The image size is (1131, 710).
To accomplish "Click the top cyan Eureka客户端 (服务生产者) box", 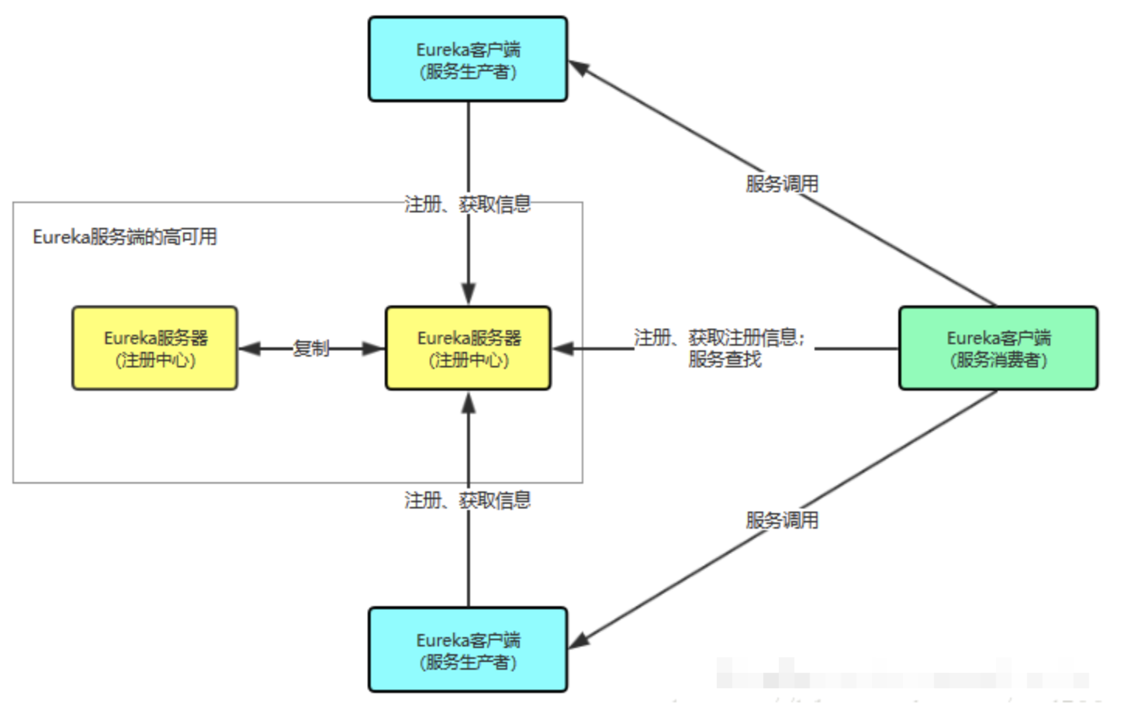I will pos(468,60).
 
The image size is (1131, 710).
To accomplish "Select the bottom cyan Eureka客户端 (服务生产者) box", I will pos(468,650).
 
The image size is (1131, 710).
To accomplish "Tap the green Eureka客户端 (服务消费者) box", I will pos(998,348).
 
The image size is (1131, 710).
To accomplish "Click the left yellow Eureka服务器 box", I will pos(155,348).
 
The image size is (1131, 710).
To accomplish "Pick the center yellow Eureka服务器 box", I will pos(468,348).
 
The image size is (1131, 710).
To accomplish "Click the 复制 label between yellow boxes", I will pos(311,348).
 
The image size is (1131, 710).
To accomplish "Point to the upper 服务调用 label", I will pos(782,184).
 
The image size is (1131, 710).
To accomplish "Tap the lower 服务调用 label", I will pos(782,520).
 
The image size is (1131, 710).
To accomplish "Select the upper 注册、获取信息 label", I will pos(468,204).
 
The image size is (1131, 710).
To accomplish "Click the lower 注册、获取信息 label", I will pos(468,500).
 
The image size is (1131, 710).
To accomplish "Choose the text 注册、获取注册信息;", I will pos(719,337).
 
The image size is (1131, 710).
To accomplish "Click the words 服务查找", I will pos(725,359).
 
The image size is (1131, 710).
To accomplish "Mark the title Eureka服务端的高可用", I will pos(125,236).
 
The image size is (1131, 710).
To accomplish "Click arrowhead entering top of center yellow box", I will pos(468,295).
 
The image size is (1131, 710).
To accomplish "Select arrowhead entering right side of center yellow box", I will pos(563,349).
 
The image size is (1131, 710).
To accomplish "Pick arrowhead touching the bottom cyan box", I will pos(580,640).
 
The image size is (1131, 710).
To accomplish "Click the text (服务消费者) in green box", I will pos(998,360).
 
